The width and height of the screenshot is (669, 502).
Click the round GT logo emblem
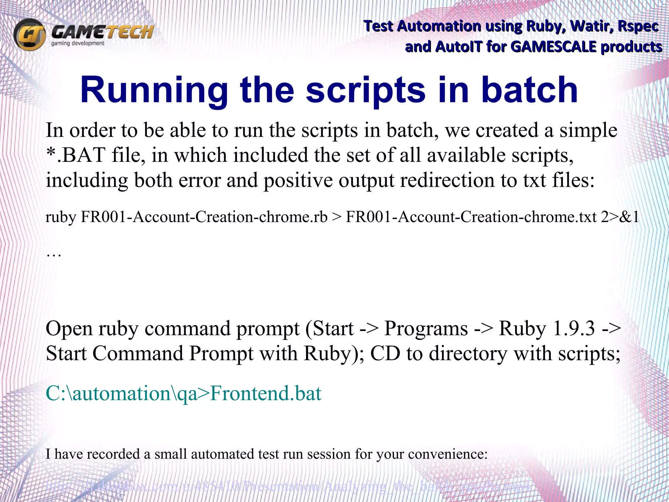[29, 35]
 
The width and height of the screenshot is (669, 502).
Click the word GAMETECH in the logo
[102, 32]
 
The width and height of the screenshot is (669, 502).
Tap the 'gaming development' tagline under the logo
[78, 43]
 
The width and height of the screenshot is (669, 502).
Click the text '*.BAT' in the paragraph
[75, 155]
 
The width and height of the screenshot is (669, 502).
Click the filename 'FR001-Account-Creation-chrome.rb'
[204, 217]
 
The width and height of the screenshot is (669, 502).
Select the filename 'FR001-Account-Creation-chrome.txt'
[471, 217]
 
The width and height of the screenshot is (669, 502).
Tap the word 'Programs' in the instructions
[426, 328]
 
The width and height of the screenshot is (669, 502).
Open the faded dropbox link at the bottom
[287, 486]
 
